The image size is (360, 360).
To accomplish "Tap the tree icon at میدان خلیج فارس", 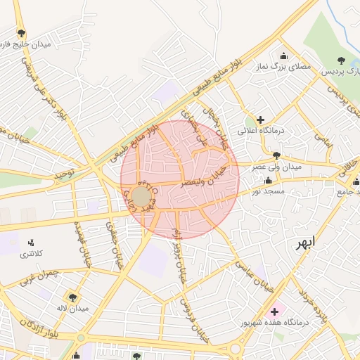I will [x=22, y=33].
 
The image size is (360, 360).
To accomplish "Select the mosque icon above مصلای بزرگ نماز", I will [x=283, y=56].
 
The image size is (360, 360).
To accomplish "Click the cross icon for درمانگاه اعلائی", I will [x=261, y=120].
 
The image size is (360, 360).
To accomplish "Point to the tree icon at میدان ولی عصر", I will [x=276, y=156].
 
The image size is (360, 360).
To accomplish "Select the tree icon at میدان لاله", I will [x=72, y=297].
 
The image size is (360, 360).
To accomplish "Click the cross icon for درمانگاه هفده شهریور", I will [x=274, y=311].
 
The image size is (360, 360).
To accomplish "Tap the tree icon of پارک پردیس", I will [x=342, y=60].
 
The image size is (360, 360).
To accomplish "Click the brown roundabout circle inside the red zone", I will [x=141, y=196].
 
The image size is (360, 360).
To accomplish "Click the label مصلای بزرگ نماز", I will [x=285, y=68].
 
